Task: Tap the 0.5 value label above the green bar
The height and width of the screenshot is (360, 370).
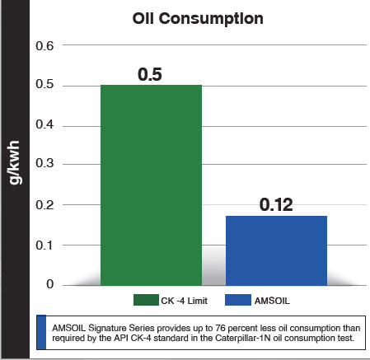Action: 151,74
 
